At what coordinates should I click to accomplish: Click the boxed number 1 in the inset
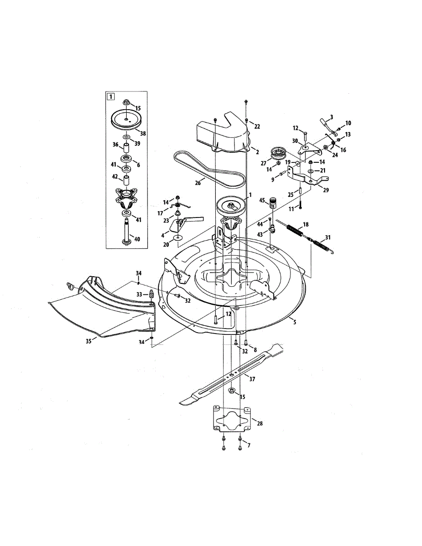(x=110, y=96)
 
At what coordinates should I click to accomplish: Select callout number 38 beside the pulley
(x=142, y=134)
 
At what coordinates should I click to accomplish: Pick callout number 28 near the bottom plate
(x=259, y=423)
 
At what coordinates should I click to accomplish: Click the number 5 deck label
(x=295, y=322)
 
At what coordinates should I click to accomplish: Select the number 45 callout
(x=262, y=200)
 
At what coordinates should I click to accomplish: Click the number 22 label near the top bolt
(x=257, y=126)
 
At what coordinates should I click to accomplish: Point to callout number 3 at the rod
(x=331, y=117)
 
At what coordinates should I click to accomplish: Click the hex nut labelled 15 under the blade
(x=231, y=390)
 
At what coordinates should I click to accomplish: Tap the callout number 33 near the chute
(x=140, y=294)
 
